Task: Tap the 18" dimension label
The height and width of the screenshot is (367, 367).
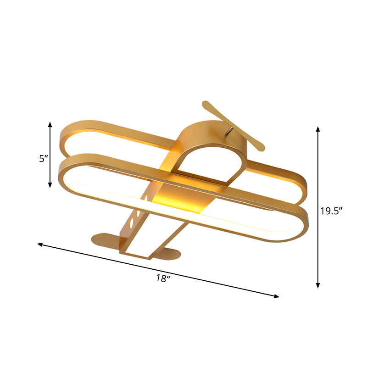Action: (162, 278)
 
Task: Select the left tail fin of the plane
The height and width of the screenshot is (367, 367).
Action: (105, 239)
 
